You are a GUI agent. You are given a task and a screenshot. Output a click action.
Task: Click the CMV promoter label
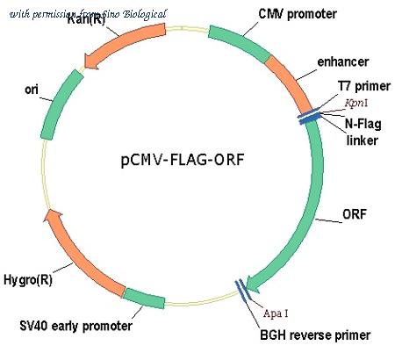click(x=298, y=14)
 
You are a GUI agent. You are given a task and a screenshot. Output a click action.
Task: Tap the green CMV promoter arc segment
click(x=239, y=42)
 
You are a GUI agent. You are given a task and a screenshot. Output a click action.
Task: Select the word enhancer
click(x=343, y=61)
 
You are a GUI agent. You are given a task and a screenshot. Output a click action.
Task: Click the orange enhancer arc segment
click(x=290, y=83)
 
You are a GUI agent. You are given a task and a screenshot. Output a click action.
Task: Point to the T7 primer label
click(x=364, y=86)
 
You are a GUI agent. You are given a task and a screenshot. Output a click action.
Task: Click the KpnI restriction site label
click(x=356, y=103)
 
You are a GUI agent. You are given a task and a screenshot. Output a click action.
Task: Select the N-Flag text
click(x=363, y=124)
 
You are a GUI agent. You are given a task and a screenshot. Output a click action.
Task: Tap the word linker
click(x=362, y=140)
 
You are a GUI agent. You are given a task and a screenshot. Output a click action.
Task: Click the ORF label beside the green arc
click(x=355, y=214)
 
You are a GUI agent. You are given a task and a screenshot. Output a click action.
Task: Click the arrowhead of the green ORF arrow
click(x=253, y=284)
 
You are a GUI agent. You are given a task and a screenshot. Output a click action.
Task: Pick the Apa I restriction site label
click(x=276, y=313)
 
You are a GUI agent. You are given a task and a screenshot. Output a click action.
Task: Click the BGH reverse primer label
click(x=315, y=335)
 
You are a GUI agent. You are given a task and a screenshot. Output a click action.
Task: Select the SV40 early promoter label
click(x=75, y=326)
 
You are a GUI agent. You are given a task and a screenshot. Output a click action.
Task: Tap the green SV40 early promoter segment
click(x=144, y=299)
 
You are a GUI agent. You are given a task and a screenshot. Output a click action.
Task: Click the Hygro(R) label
click(x=28, y=280)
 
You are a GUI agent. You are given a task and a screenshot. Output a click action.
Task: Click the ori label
click(x=32, y=90)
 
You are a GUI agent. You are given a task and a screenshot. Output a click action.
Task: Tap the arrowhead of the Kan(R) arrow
click(x=91, y=61)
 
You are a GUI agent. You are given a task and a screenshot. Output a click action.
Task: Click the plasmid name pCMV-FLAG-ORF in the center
click(x=183, y=160)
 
